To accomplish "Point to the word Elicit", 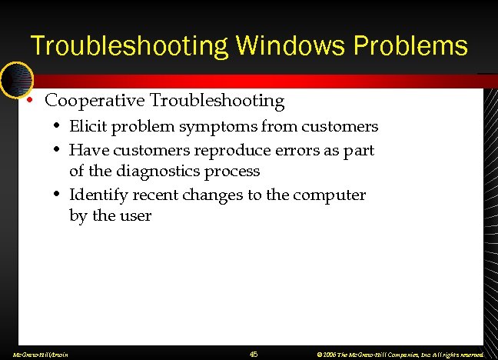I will [88, 126].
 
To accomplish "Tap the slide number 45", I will [254, 354].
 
